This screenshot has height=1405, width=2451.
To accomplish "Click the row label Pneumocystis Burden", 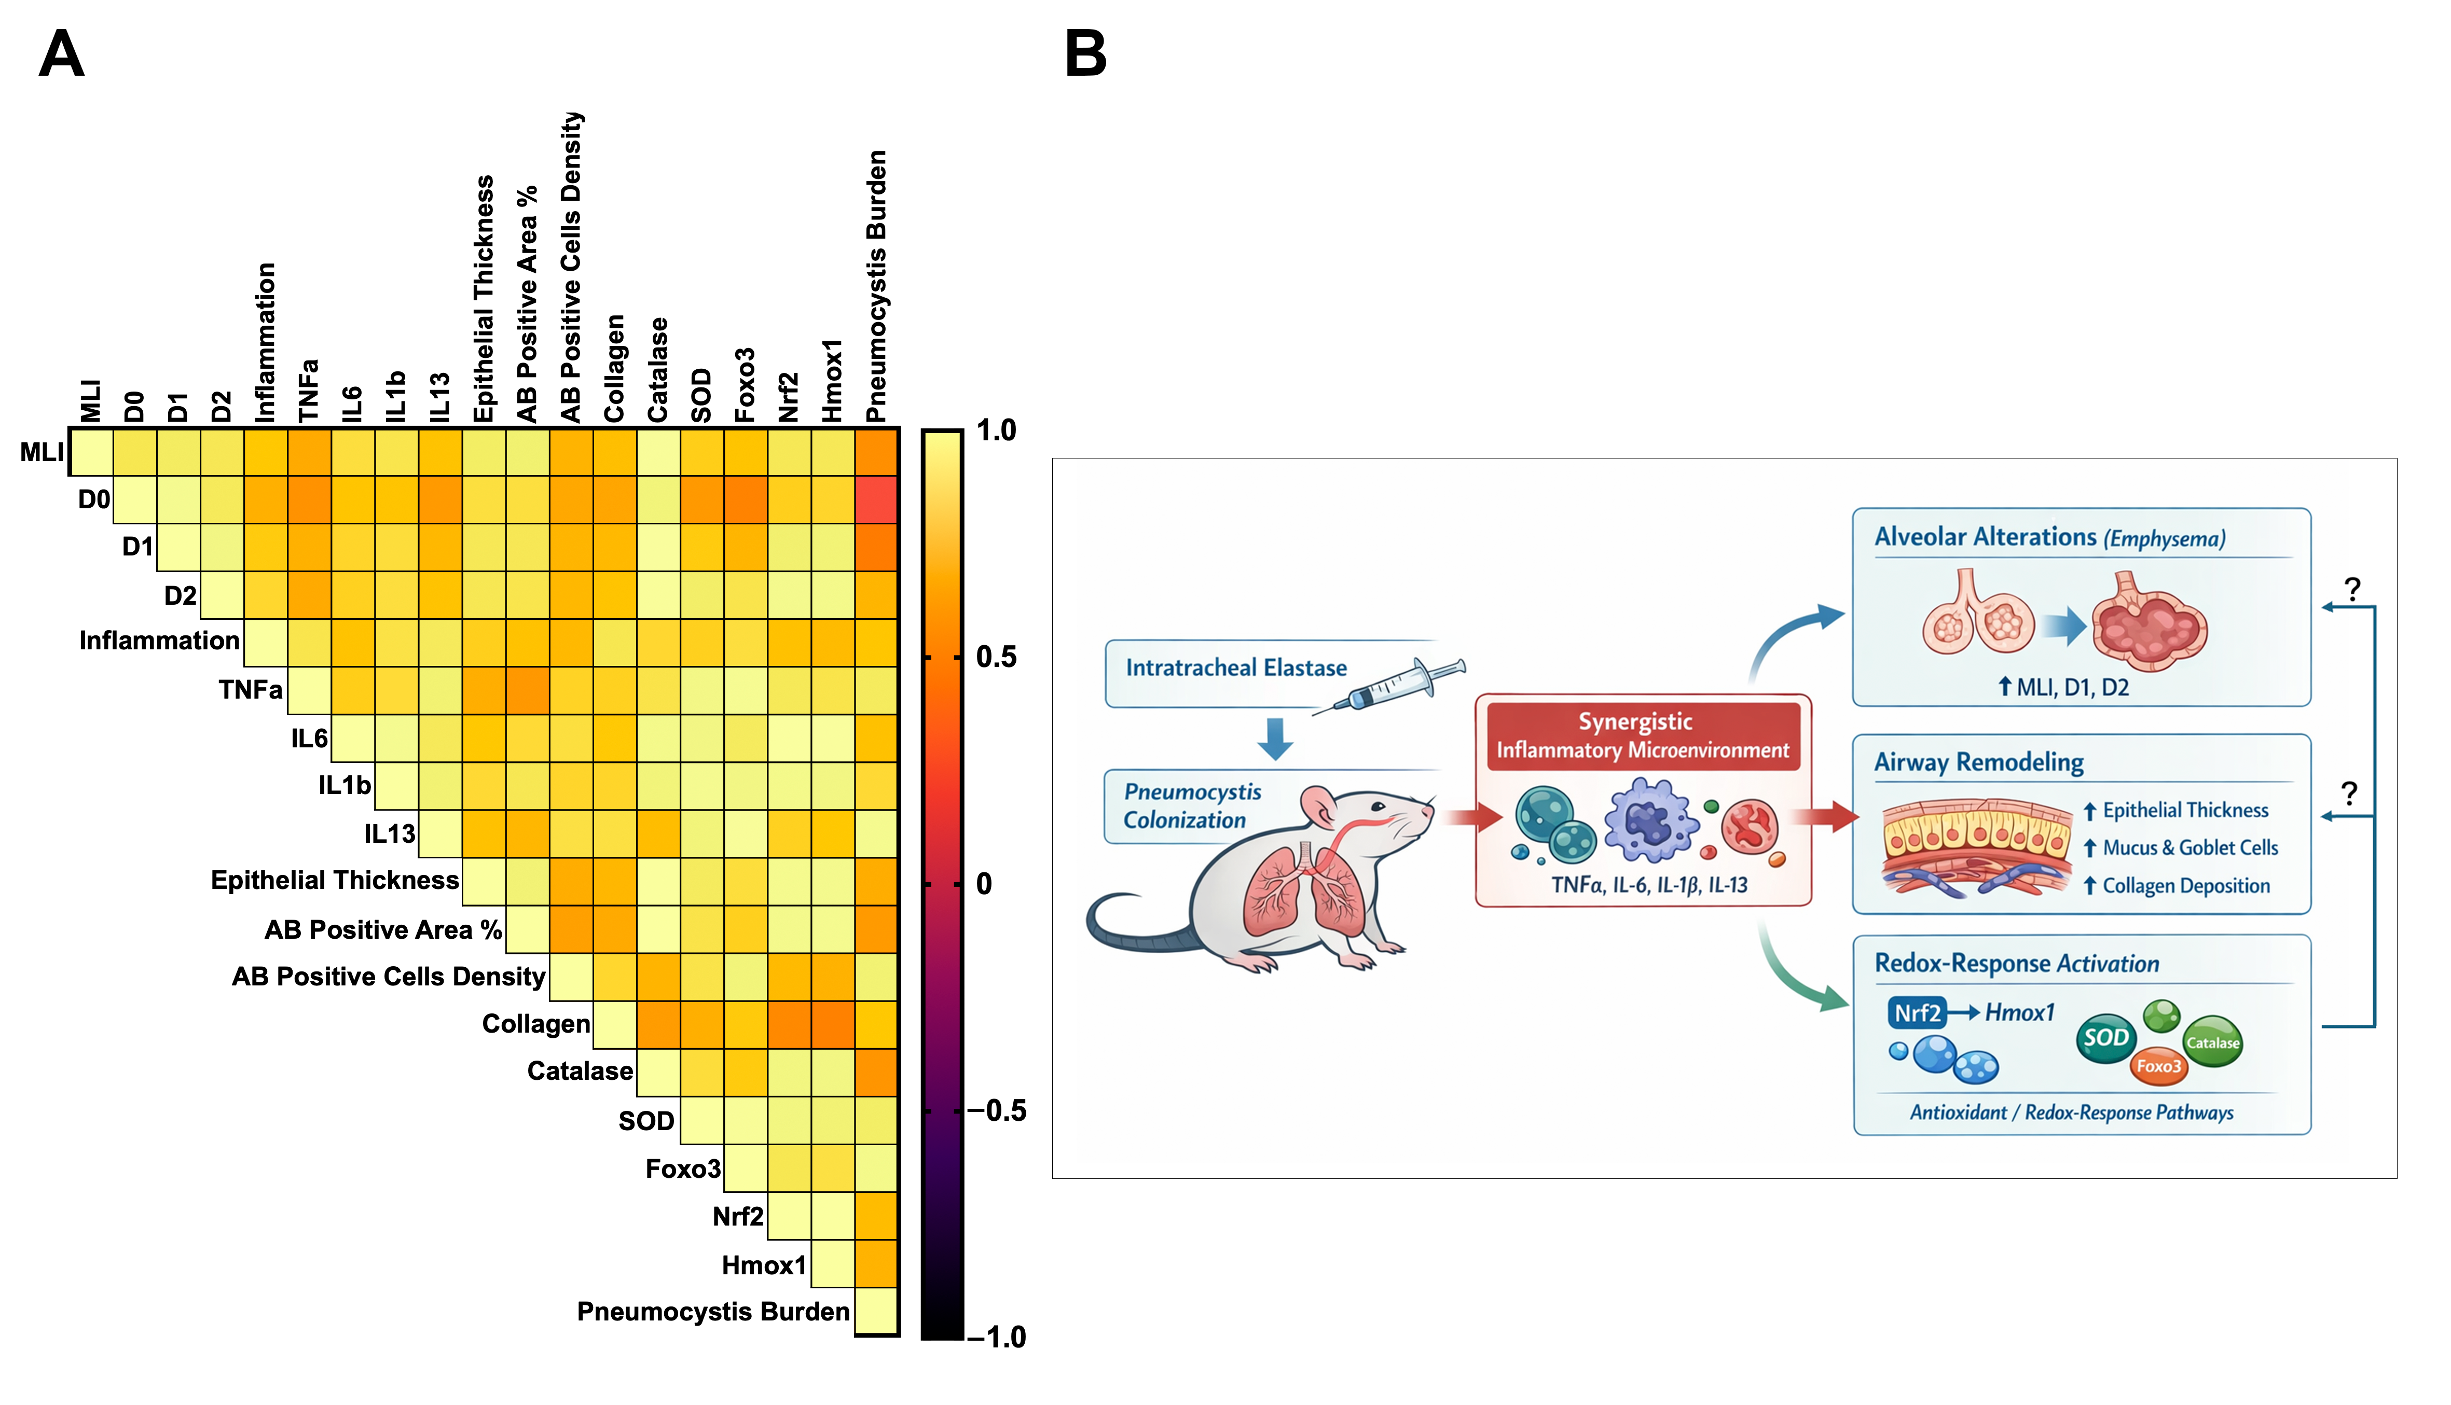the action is pyautogui.click(x=713, y=1312).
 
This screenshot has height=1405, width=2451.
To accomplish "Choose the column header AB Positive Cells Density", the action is pyautogui.click(x=571, y=267).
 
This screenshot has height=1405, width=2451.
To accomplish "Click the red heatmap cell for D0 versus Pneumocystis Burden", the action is pyautogui.click(x=876, y=500).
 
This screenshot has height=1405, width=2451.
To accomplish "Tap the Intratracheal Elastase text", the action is pyautogui.click(x=1236, y=668).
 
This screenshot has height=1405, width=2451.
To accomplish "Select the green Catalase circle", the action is pyautogui.click(x=2212, y=1042).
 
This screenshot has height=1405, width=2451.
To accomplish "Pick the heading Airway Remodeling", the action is pyautogui.click(x=1979, y=762).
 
